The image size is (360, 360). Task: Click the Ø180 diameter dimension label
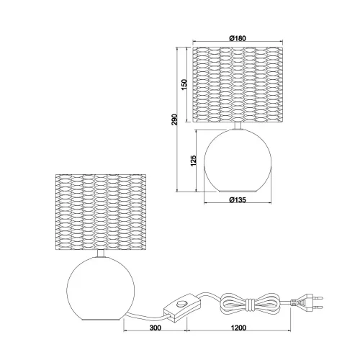(239, 37)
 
